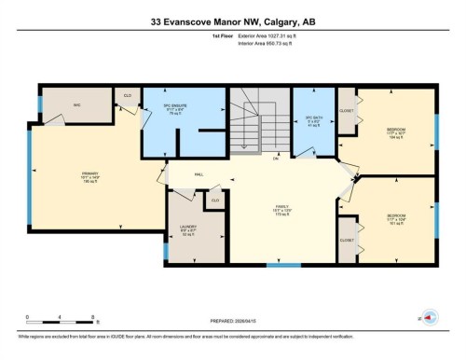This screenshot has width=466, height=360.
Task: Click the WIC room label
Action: tap(79, 104)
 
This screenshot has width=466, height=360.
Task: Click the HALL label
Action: tap(199, 173)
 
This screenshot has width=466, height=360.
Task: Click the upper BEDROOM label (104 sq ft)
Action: tap(395, 132)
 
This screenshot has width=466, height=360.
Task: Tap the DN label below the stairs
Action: tap(276, 158)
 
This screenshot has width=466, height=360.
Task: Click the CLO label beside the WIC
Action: tap(127, 95)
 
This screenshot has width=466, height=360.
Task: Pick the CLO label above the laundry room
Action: tap(215, 200)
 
